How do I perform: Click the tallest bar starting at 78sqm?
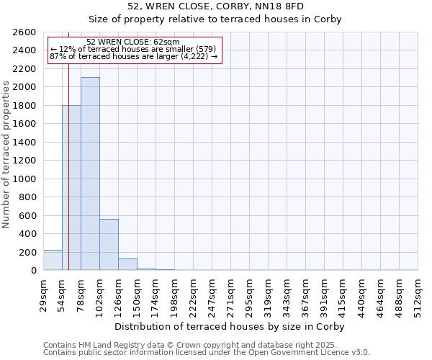point(90,174)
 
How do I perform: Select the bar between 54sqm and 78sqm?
point(71,188)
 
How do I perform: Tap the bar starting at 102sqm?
point(109,245)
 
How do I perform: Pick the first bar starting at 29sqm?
point(53,260)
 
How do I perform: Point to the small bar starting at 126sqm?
point(127,264)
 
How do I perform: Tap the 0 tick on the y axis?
point(33,271)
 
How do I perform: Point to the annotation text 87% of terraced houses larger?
point(133,56)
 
